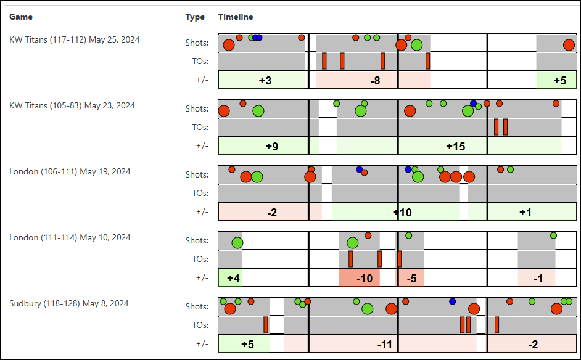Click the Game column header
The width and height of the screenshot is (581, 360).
click(21, 17)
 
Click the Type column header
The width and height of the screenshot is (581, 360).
click(195, 17)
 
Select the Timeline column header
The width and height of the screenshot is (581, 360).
click(236, 17)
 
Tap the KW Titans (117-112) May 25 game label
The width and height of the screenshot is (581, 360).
click(74, 39)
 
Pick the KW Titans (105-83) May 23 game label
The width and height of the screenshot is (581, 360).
click(72, 105)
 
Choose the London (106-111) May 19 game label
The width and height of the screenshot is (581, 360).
click(70, 171)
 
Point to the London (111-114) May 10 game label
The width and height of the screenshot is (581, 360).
click(70, 237)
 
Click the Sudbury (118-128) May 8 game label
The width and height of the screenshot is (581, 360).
click(68, 303)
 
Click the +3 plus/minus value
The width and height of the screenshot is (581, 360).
click(265, 81)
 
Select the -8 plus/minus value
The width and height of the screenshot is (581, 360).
click(375, 81)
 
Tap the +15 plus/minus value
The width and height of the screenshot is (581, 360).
click(455, 147)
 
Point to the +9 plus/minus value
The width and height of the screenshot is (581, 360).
click(271, 147)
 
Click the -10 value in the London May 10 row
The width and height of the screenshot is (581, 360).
click(365, 279)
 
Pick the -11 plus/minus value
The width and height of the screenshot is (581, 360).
click(385, 345)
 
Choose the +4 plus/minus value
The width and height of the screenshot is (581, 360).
click(233, 279)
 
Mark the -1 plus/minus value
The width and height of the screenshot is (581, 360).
click(538, 279)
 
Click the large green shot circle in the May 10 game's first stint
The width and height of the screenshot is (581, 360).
click(237, 243)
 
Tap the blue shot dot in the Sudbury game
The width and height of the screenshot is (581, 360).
click(452, 301)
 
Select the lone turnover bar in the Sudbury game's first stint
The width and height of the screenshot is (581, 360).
click(266, 324)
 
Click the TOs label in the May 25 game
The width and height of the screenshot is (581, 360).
click(200, 61)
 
